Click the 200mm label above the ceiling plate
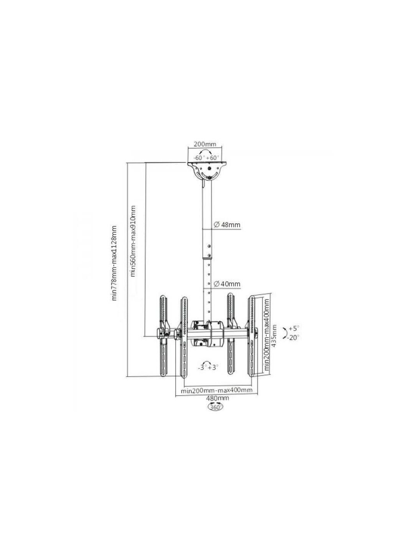pyautogui.click(x=204, y=144)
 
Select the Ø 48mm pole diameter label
pyautogui.click(x=227, y=225)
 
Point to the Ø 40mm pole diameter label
pyautogui.click(x=227, y=284)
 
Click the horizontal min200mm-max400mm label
pyautogui.click(x=216, y=390)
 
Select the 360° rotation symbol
pyautogui.click(x=215, y=406)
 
